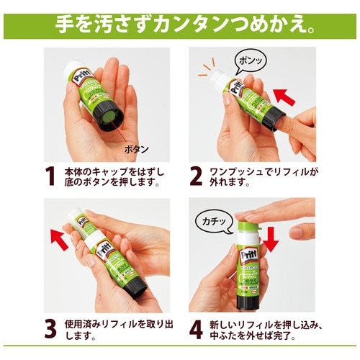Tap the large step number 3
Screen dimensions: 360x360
click(x=50, y=328)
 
